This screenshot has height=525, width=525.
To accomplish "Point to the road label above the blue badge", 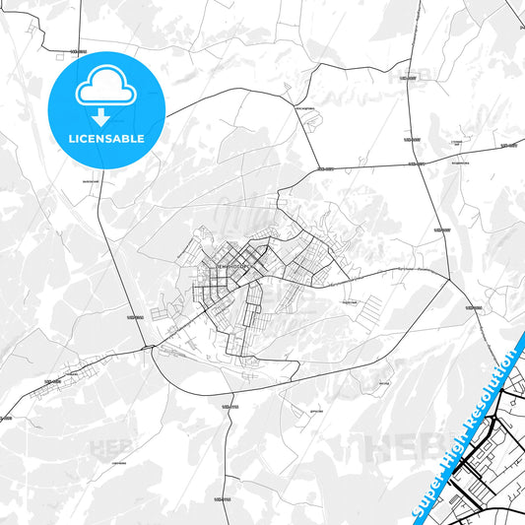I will point(80,49).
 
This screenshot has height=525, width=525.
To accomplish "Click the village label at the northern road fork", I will point(304,108).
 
